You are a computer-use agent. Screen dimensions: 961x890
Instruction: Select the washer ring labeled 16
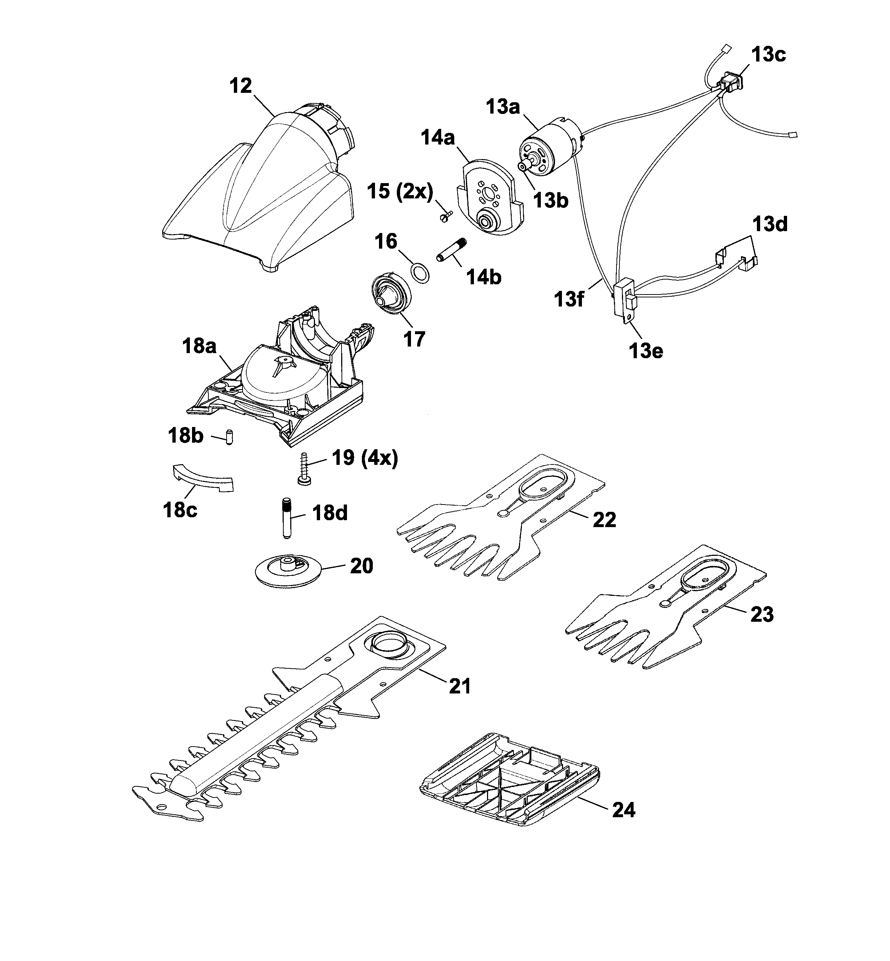[x=420, y=274]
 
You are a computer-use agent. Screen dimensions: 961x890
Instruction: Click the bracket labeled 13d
[x=737, y=253]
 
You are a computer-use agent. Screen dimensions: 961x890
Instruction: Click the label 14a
[x=437, y=138]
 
